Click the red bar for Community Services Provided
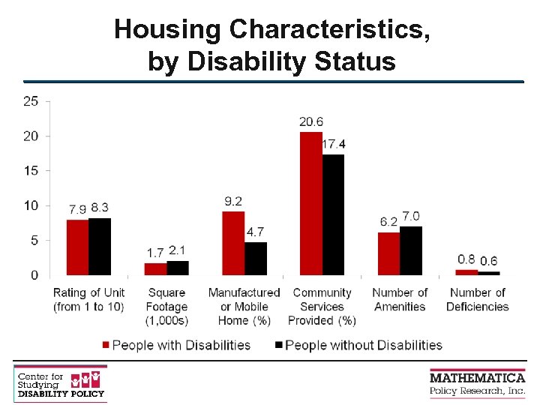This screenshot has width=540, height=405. coord(310,203)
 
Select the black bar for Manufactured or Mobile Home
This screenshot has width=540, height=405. coord(256,258)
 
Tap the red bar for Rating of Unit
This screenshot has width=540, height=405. coord(77,247)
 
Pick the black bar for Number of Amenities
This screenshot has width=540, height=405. coord(411,250)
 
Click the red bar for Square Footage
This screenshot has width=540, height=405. coord(155,268)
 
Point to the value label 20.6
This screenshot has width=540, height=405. coord(311,121)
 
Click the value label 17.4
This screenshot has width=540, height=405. coord(334,144)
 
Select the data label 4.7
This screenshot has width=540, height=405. coord(256,232)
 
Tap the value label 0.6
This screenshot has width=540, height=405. coord(489,261)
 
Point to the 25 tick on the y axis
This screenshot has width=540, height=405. coord(31,101)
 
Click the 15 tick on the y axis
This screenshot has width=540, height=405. coord(31,171)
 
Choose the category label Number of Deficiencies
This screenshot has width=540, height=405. coord(478,299)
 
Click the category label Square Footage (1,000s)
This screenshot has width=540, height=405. coord(166,306)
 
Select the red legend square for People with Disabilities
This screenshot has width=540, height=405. coord(106,345)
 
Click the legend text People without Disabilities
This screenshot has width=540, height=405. coord(364,345)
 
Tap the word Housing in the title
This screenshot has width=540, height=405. coord(169,29)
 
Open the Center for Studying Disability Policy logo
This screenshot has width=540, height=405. coord(60,382)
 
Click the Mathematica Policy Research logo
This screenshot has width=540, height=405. coord(477,383)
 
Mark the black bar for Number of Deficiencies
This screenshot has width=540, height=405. coord(489,273)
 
